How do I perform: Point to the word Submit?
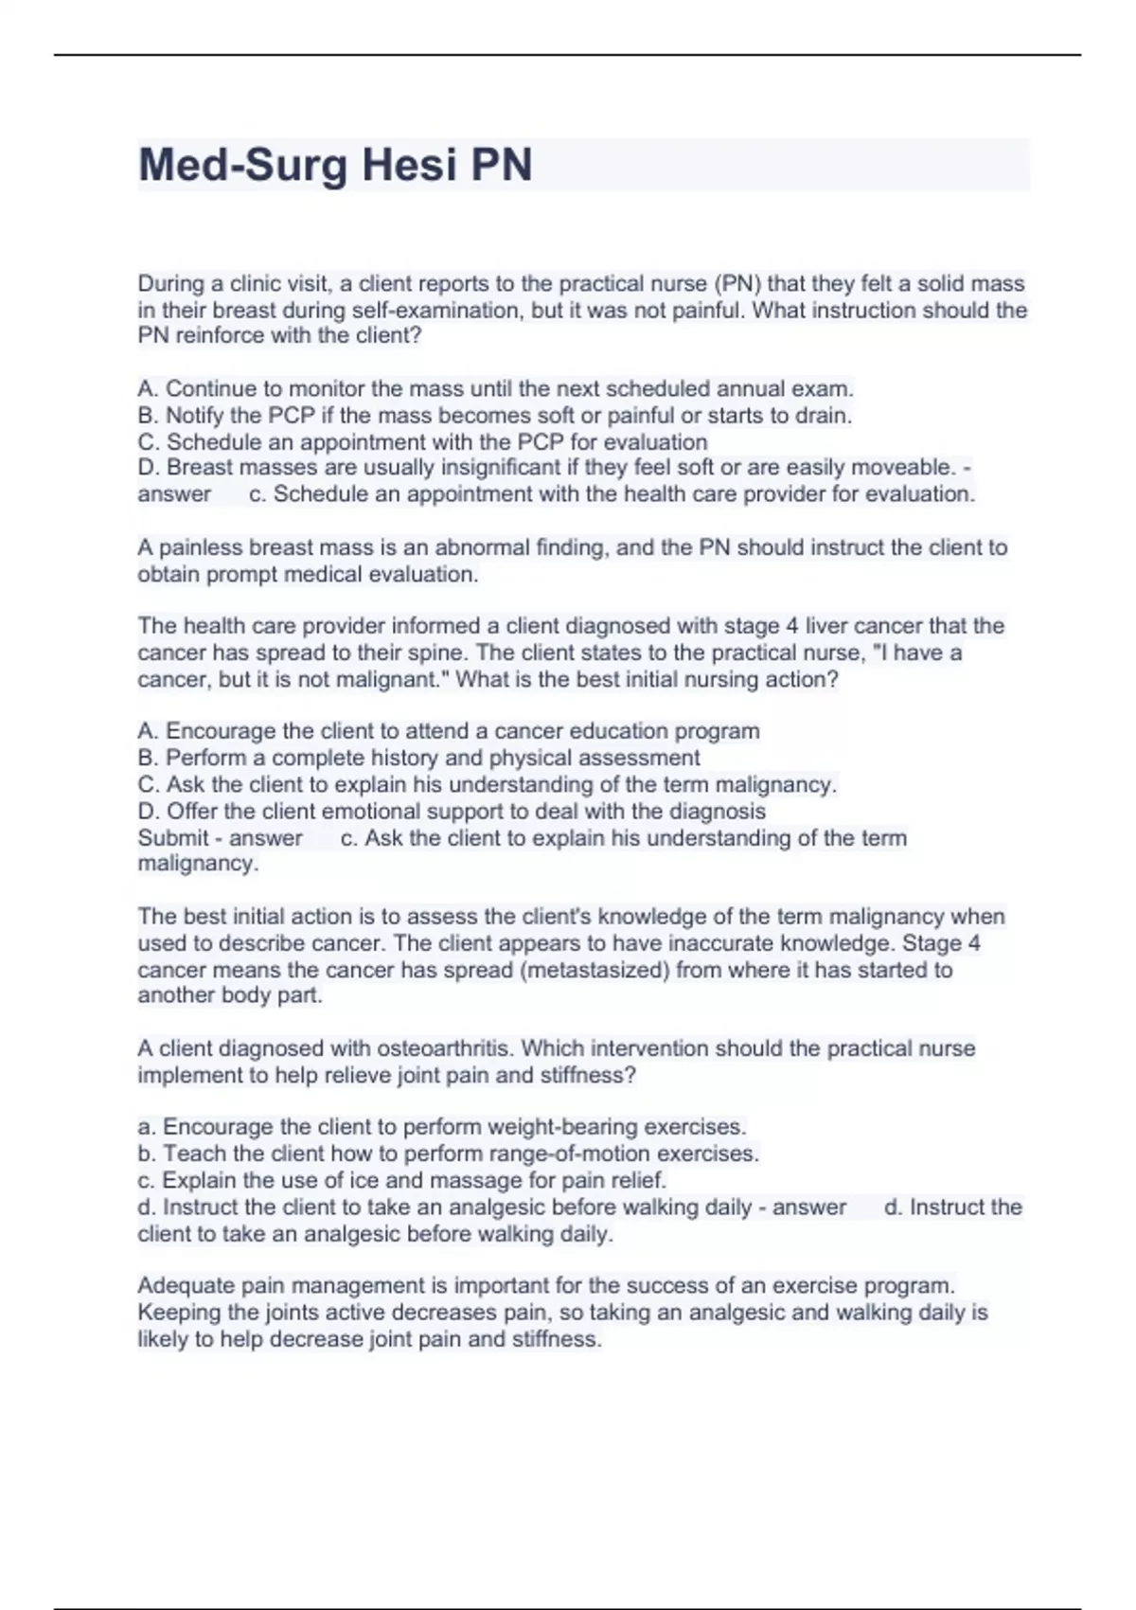[x=173, y=838]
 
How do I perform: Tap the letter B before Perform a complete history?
[x=146, y=758]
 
